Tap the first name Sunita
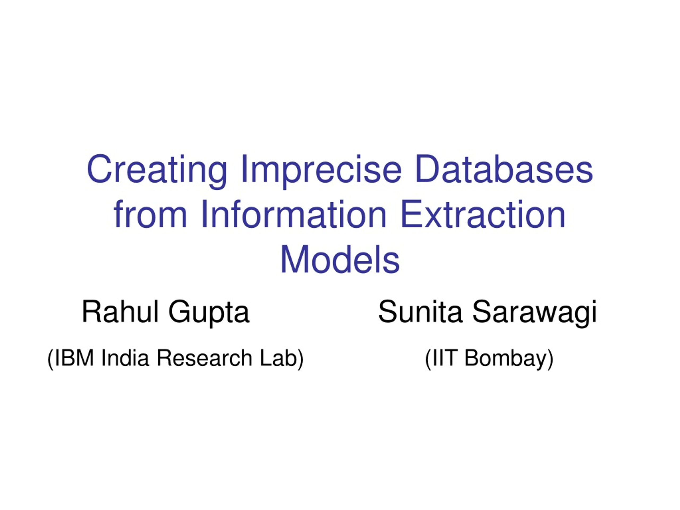point(420,312)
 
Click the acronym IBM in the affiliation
point(74,358)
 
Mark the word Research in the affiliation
point(205,358)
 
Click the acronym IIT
point(444,358)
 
